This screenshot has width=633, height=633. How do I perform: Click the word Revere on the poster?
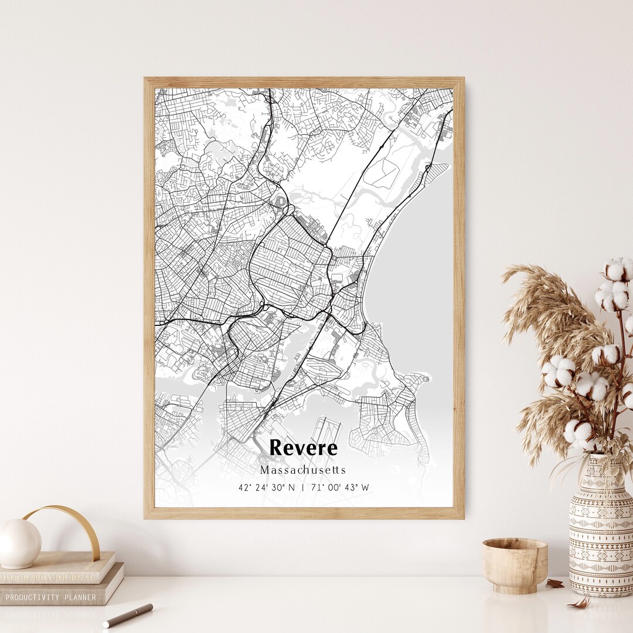(303, 448)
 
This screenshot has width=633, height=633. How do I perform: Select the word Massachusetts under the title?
(303, 470)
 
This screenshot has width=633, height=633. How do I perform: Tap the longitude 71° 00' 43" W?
(341, 488)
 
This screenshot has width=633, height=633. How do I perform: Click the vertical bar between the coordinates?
(303, 488)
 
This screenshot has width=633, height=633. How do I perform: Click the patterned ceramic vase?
(600, 527)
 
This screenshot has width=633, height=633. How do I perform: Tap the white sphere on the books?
(19, 543)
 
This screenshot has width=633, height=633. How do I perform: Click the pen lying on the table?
(128, 615)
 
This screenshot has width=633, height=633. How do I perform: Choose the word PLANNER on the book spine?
(81, 597)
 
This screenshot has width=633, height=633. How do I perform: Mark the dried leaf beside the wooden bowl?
(554, 583)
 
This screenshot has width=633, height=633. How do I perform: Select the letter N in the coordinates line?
(291, 488)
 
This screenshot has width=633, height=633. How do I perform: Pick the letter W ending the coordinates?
(365, 488)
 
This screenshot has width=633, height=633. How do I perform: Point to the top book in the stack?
(56, 567)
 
